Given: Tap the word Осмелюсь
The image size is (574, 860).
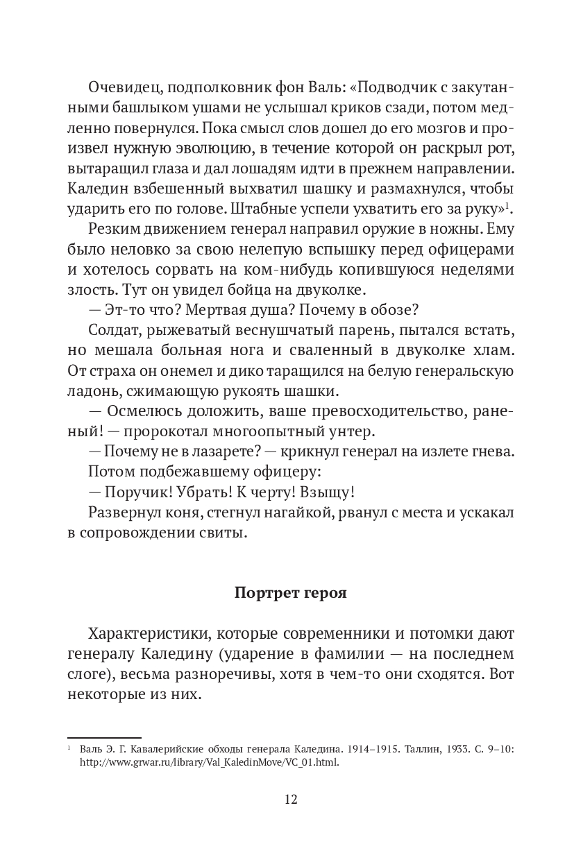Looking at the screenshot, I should tap(144, 413).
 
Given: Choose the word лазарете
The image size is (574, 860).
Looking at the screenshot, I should tap(219, 452).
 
